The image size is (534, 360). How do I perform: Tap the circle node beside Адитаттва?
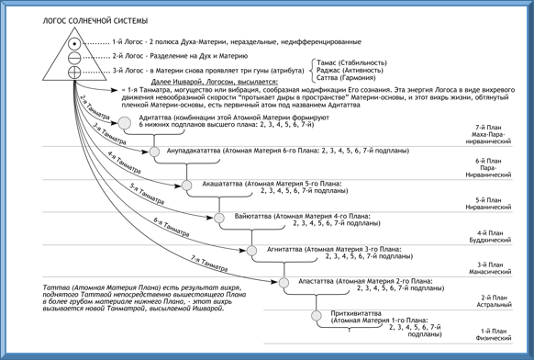tap(126, 122)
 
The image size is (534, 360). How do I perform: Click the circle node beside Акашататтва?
tap(187, 186)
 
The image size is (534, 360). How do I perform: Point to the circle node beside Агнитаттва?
tap(250, 250)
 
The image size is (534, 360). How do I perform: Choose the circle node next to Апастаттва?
tap(282, 282)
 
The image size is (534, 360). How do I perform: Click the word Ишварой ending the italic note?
tap(206, 308)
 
